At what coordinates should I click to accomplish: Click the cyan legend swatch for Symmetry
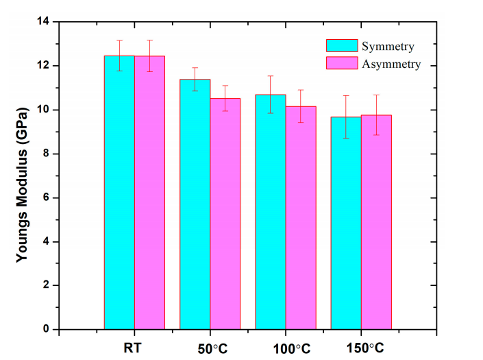pyautogui.click(x=342, y=46)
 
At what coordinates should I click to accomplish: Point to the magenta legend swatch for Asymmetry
pyautogui.click(x=342, y=64)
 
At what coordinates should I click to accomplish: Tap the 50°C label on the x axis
pyautogui.click(x=210, y=348)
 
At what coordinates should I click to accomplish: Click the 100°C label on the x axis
pyautogui.click(x=286, y=348)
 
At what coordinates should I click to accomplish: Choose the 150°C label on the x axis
pyautogui.click(x=361, y=348)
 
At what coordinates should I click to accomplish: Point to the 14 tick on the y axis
pyautogui.click(x=45, y=22)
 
